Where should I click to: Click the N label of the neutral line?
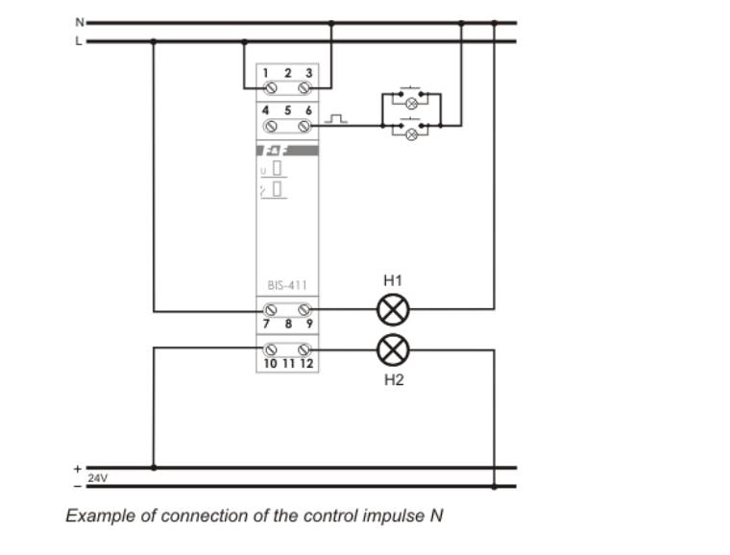(x=80, y=21)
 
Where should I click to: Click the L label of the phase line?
(x=80, y=41)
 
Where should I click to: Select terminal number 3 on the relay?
(x=308, y=73)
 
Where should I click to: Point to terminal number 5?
(x=287, y=110)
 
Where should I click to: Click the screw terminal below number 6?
(x=305, y=126)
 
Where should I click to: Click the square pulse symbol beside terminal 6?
(x=334, y=119)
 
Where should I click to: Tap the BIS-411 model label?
(x=287, y=286)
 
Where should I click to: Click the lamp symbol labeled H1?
(x=392, y=309)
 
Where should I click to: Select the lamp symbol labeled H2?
(x=392, y=350)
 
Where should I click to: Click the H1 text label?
(x=392, y=281)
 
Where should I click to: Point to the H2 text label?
(x=394, y=380)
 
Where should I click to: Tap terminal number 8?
(x=287, y=325)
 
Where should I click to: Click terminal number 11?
(x=287, y=364)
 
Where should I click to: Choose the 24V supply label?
(x=98, y=477)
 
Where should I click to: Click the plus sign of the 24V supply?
(x=78, y=469)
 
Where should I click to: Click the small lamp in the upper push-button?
(x=412, y=102)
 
